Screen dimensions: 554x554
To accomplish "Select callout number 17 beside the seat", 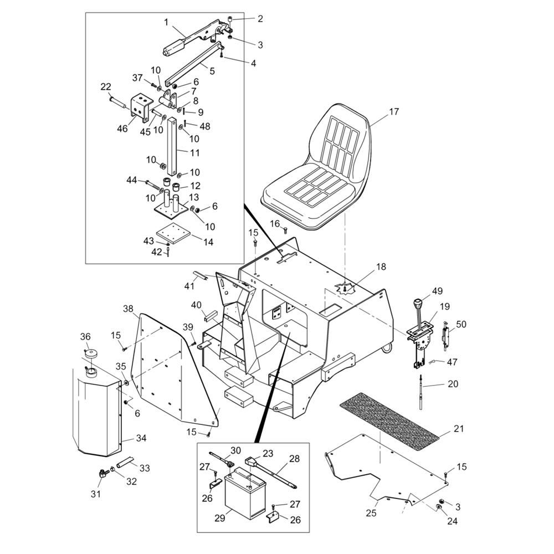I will click(x=393, y=112).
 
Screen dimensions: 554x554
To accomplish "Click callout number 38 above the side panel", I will click(x=129, y=309).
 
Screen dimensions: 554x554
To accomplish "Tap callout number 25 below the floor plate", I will click(x=371, y=514).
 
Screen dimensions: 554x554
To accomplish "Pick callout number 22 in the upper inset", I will click(x=106, y=86).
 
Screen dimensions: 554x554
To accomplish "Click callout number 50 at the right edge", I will click(x=461, y=324).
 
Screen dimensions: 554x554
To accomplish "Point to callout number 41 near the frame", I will click(x=189, y=286).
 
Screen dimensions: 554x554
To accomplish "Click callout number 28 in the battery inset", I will click(x=294, y=459).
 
